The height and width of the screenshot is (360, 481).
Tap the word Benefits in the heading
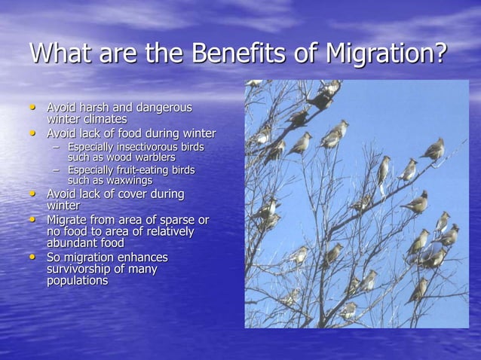pos(234,55)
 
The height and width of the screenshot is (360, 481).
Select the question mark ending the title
pos(440,55)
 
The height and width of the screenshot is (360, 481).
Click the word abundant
pos(75,243)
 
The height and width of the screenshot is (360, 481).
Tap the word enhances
pos(141,258)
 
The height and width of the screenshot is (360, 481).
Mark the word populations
pos(77,280)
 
